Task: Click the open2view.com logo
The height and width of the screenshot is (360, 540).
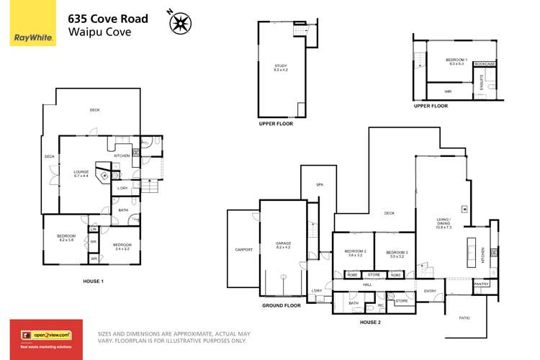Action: [x=45, y=334]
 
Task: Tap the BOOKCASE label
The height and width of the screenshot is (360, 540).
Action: [x=485, y=64]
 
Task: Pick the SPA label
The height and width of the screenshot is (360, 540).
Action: [x=320, y=185]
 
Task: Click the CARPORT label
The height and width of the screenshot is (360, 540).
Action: [x=243, y=249]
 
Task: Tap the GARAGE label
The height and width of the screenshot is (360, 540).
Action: [x=282, y=245]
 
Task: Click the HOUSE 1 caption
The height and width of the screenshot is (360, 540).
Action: [x=94, y=281]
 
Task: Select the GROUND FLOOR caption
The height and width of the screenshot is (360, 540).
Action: [x=281, y=305]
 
